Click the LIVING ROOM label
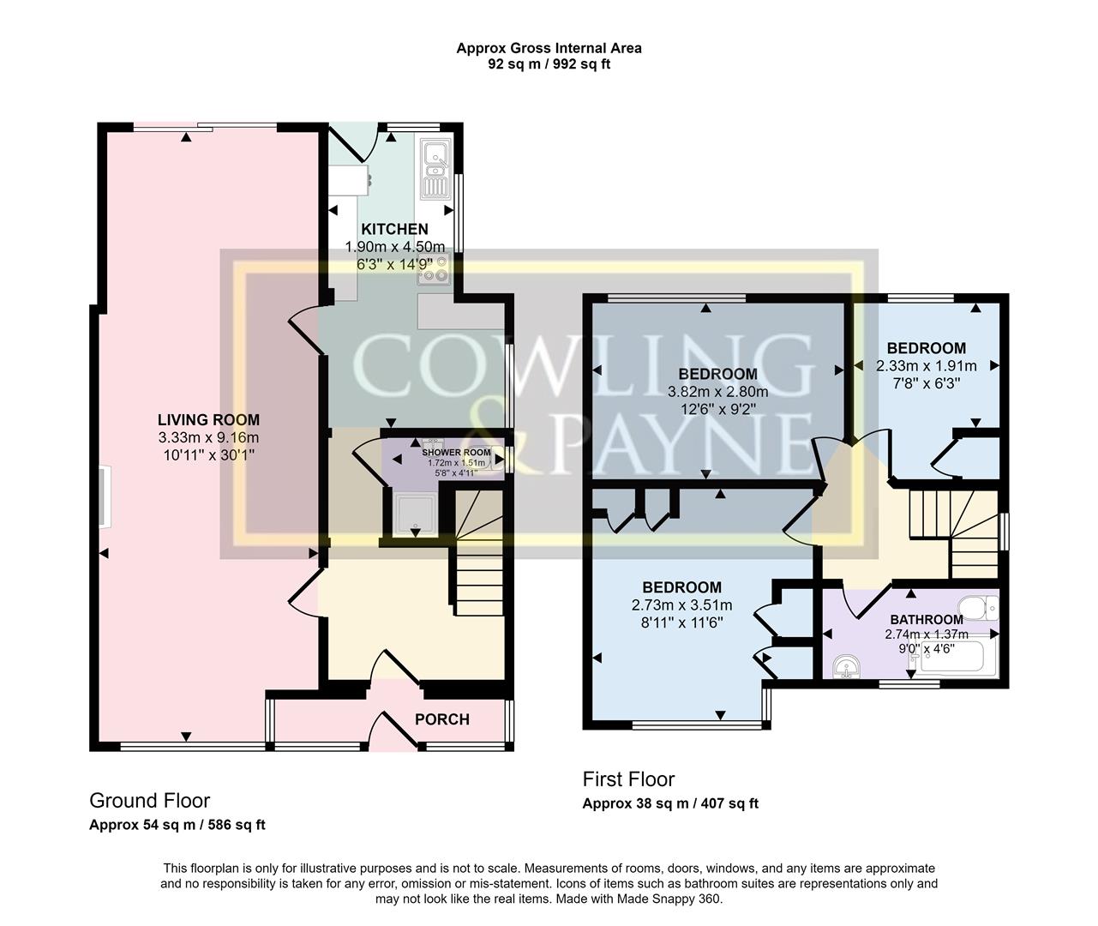click(x=209, y=420)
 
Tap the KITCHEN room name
click(x=394, y=230)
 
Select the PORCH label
click(x=442, y=719)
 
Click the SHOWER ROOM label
click(x=456, y=453)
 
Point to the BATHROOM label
click(x=927, y=620)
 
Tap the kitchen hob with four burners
click(x=434, y=269)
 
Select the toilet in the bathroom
click(x=978, y=608)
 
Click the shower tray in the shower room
click(x=415, y=515)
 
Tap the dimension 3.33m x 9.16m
click(x=209, y=438)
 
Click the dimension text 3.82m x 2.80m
click(x=717, y=392)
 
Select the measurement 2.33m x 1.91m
click(x=927, y=366)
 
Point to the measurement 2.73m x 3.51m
click(x=682, y=605)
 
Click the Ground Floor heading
click(x=150, y=801)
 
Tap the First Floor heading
click(x=628, y=779)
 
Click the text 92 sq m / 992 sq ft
click(x=549, y=64)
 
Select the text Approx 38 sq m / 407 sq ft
click(x=670, y=804)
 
